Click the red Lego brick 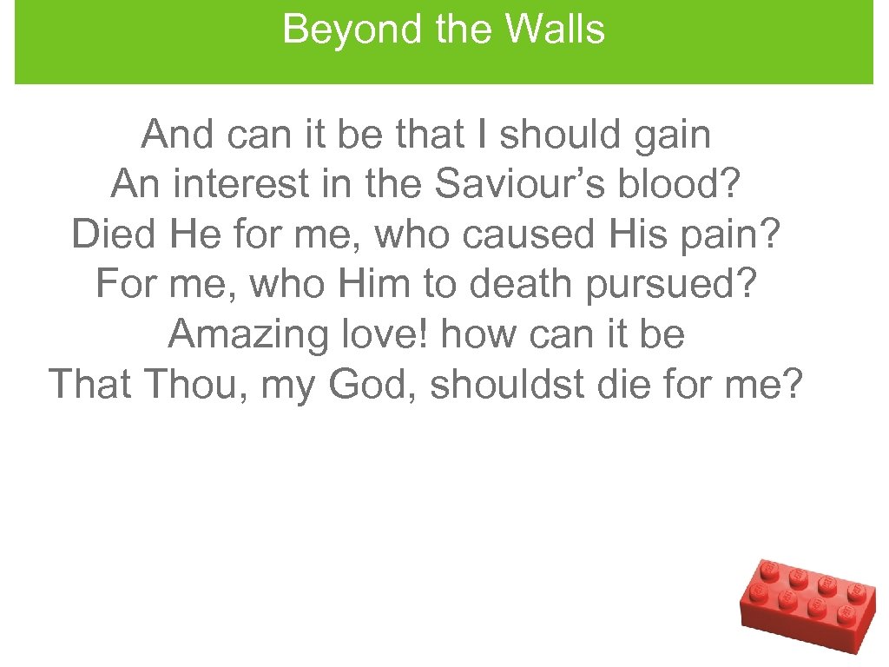pyautogui.click(x=807, y=604)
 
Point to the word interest pyautogui.click(x=229, y=184)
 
